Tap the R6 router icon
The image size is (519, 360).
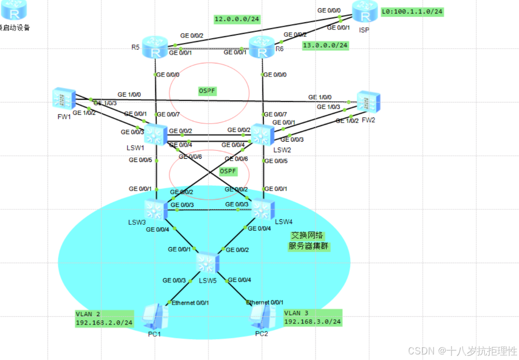click(x=262, y=47)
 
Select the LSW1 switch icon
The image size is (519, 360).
click(x=155, y=135)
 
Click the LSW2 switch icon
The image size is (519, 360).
click(x=262, y=135)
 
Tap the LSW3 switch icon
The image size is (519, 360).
click(x=155, y=210)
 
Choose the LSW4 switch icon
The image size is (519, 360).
click(x=263, y=210)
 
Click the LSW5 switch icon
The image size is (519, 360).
click(x=207, y=263)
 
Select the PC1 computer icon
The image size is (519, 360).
click(x=155, y=316)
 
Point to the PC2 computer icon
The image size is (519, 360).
click(x=261, y=316)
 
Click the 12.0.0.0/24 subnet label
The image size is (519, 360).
click(x=236, y=19)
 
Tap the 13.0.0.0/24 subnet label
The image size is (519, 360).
click(x=325, y=45)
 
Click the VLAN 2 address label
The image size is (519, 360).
click(x=104, y=318)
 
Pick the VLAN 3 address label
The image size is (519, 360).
click(x=312, y=317)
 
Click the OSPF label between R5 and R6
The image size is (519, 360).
click(x=208, y=91)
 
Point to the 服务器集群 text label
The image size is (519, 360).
click(x=309, y=246)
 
